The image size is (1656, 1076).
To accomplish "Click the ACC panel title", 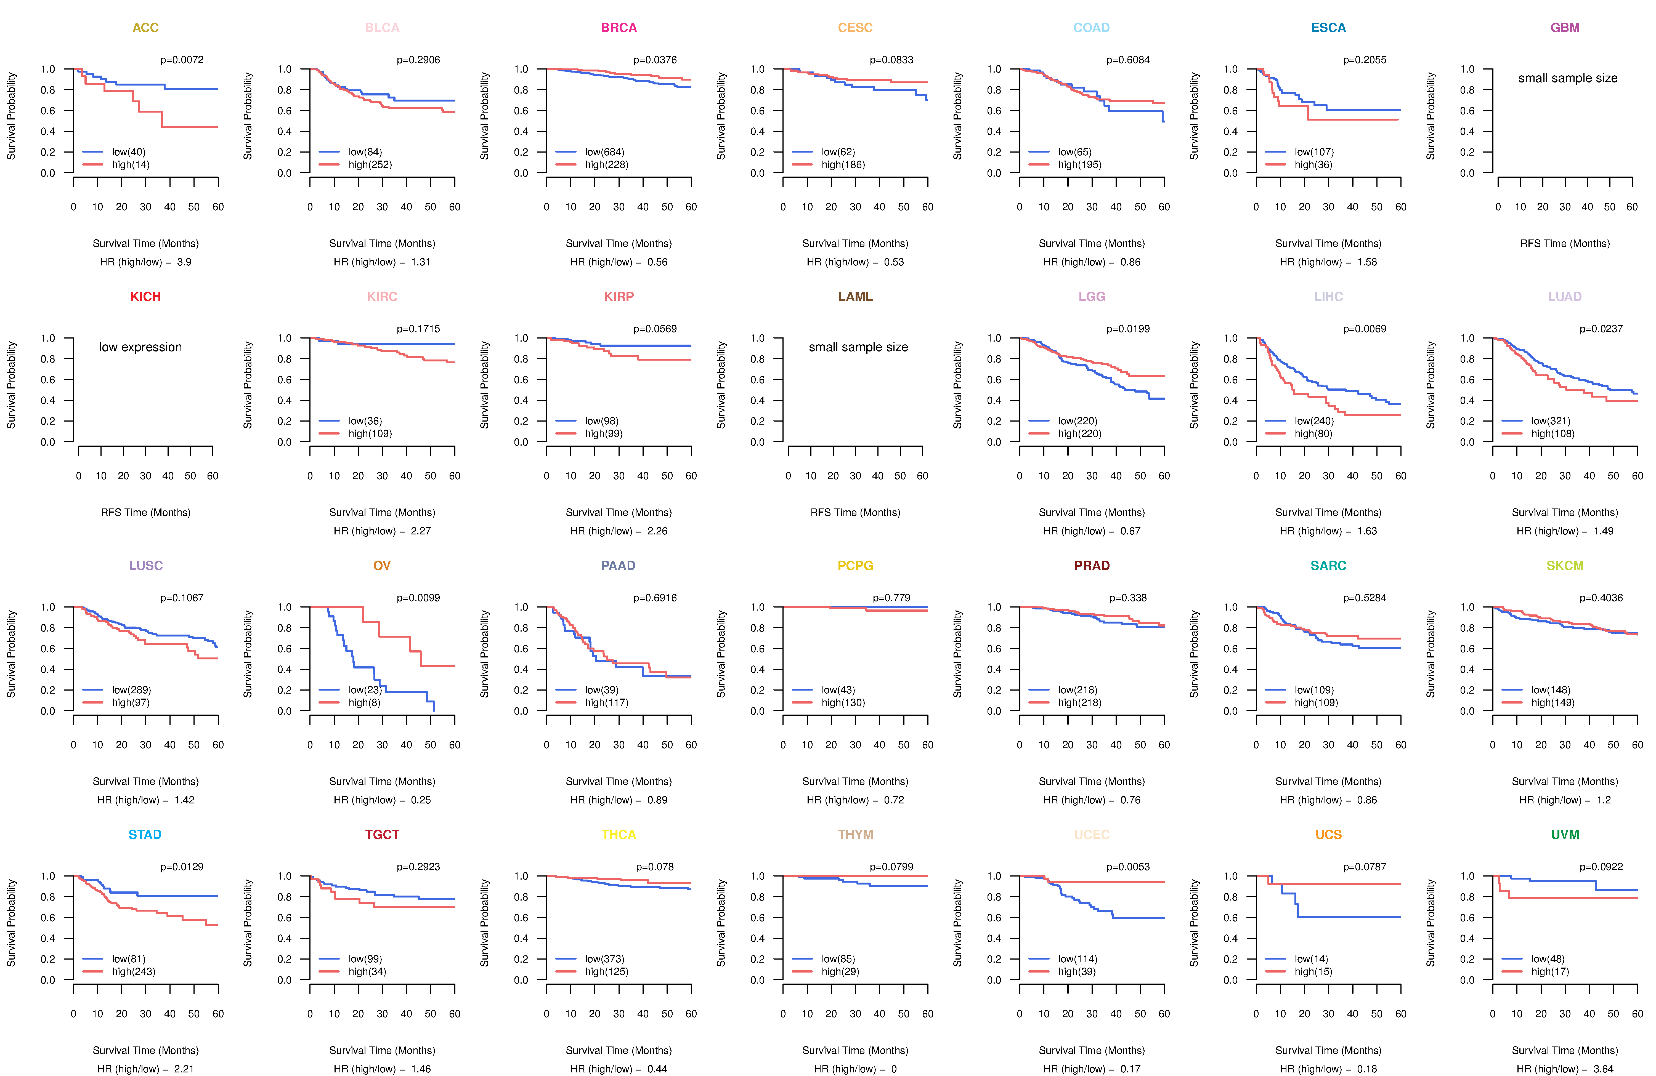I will click(145, 28).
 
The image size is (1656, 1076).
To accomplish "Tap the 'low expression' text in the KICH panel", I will click(140, 347).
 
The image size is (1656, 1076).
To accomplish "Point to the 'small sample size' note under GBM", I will click(1568, 78).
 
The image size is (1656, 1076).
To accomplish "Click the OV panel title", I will click(382, 566).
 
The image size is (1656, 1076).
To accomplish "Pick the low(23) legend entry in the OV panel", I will click(365, 690).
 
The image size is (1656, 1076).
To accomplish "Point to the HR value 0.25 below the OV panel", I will click(421, 800).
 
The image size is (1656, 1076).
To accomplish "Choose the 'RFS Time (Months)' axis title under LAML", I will click(855, 513).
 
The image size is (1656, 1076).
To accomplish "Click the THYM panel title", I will click(855, 835).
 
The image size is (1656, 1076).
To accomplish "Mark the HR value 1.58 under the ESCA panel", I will click(1367, 262).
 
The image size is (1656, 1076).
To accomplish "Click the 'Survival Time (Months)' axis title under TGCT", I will click(382, 1050).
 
